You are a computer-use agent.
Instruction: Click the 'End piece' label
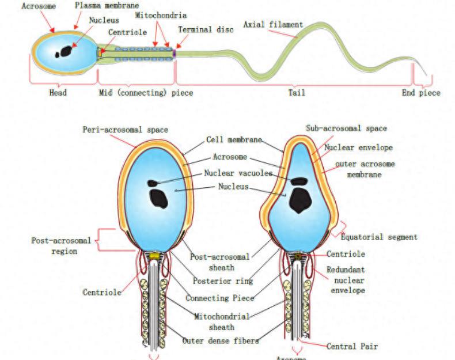pyautogui.click(x=421, y=93)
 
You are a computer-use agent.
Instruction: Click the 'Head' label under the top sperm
pyautogui.click(x=57, y=93)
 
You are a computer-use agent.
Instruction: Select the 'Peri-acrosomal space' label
pyautogui.click(x=126, y=130)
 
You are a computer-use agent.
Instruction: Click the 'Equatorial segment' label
pyautogui.click(x=379, y=237)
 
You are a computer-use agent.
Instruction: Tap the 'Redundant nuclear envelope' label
pyautogui.click(x=346, y=280)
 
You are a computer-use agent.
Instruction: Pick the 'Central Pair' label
pyautogui.click(x=352, y=346)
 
